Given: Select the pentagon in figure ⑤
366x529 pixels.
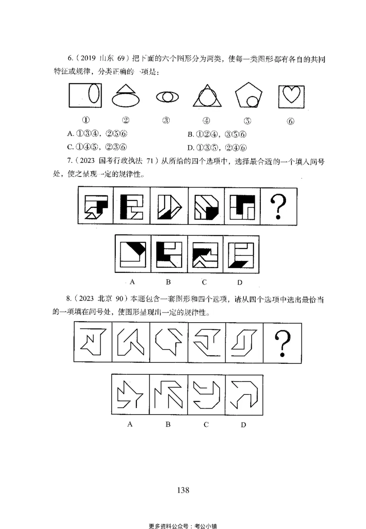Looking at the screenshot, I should point(248,97).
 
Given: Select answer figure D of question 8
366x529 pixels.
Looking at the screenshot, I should point(244,395).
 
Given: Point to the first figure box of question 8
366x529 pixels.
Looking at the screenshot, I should point(92,342).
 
